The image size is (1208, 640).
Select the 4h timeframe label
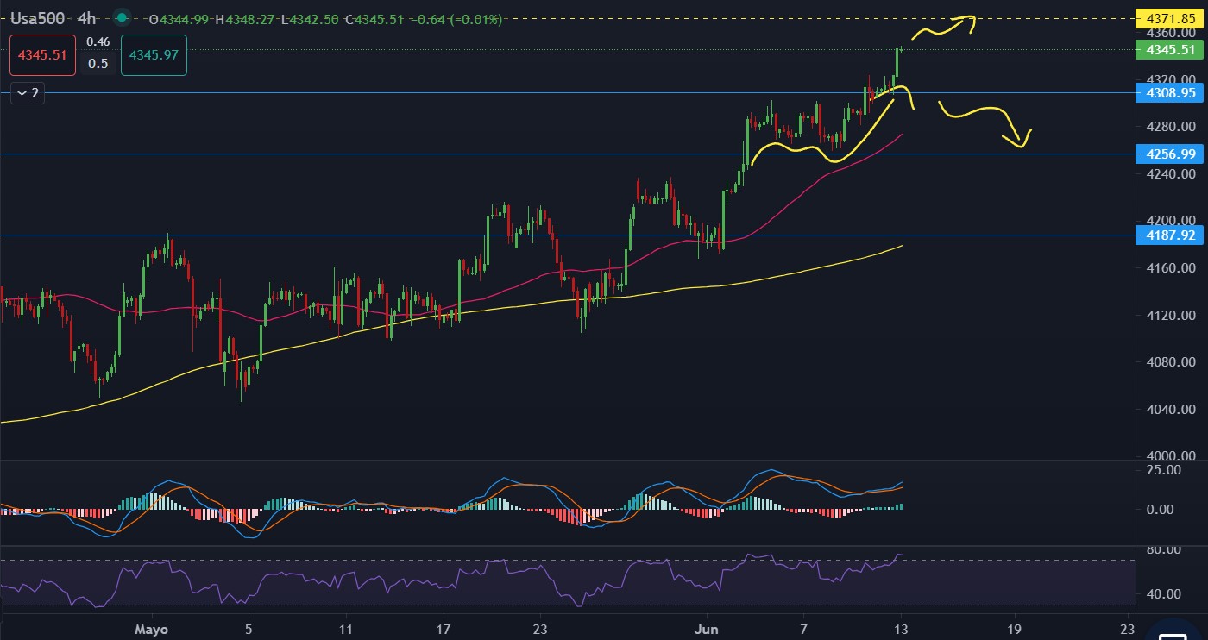[86, 18]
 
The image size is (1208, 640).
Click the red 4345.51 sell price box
[42, 54]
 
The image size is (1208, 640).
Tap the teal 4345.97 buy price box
[154, 54]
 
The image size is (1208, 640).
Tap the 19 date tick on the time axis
[1016, 629]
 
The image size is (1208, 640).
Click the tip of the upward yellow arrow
[974, 17]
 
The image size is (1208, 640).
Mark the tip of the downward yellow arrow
[1022, 147]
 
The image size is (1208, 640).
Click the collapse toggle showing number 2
[27, 92]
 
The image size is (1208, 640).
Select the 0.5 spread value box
[98, 63]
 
